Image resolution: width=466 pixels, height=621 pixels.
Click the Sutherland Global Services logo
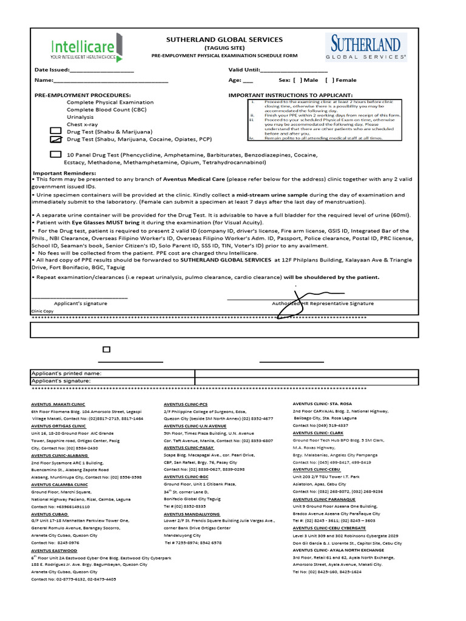tap(366, 47)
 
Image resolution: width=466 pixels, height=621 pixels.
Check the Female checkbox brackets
tap(329, 80)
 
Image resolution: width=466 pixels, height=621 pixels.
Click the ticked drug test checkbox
tap(55, 139)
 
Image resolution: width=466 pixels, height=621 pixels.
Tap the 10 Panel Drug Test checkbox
tap(55, 155)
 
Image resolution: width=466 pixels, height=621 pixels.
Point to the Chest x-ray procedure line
tap(83, 124)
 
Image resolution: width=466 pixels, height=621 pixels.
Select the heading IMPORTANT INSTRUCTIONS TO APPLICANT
tap(290, 96)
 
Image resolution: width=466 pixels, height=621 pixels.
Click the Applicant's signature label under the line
tap(81, 303)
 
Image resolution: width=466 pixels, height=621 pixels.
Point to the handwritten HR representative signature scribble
tap(288, 309)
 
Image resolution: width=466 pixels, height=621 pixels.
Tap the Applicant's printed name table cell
tap(112, 374)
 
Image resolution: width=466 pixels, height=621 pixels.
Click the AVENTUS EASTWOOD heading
tap(53, 551)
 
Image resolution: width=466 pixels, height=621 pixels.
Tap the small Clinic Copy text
tap(42, 311)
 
